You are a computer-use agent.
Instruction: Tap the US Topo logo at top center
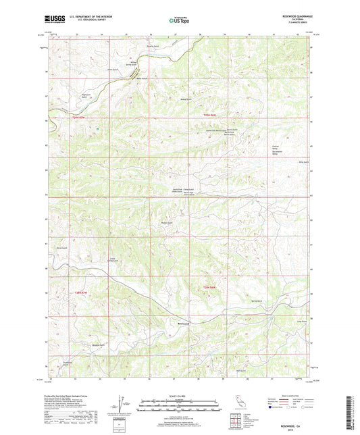[x=179, y=21]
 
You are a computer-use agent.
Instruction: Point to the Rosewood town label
[x=182, y=322]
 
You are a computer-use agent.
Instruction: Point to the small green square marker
[x=98, y=128]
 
